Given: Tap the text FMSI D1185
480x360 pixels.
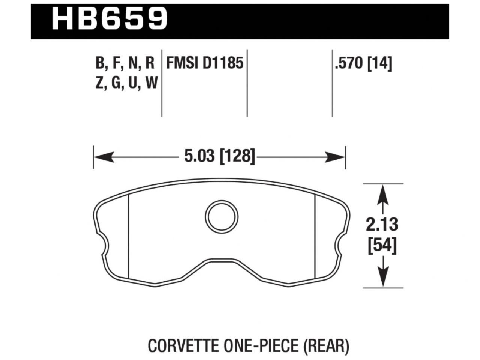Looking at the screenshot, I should click(205, 63).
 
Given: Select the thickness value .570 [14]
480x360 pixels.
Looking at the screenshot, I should click(363, 63).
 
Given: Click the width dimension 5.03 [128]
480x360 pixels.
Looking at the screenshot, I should click(219, 156).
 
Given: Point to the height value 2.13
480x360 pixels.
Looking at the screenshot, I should click(382, 225).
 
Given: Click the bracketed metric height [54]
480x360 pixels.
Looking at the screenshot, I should click(382, 246).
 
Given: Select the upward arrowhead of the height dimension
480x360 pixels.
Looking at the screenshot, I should click(382, 195).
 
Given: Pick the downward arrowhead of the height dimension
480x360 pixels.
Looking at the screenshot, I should click(382, 277).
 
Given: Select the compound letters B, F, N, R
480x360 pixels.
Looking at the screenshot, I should click(125, 63).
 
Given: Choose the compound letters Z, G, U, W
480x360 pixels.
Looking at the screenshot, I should click(126, 82).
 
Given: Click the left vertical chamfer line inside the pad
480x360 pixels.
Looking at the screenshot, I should click(129, 236).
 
